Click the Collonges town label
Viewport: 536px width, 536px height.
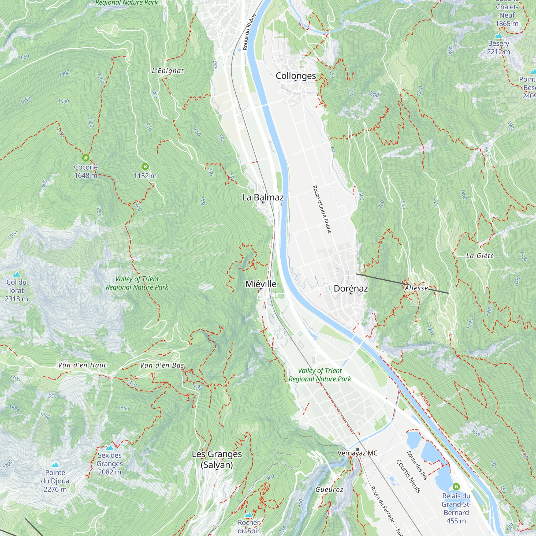click(296, 76)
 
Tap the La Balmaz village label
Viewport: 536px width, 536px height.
click(263, 197)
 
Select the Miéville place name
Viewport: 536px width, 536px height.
click(261, 284)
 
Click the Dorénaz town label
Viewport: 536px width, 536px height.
click(351, 288)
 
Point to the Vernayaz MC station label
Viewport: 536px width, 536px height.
click(357, 453)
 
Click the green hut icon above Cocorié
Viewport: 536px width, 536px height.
click(86, 158)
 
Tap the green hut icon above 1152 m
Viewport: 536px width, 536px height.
click(145, 166)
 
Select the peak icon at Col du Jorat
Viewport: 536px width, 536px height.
click(16, 274)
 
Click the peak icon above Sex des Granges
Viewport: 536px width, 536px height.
click(110, 448)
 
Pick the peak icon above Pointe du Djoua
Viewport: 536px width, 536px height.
click(55, 465)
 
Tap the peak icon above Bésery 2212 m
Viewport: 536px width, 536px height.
click(498, 36)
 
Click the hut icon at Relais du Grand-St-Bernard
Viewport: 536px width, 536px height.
click(456, 486)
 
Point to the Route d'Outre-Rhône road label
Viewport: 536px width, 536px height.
click(322, 210)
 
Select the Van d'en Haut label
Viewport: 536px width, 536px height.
click(82, 365)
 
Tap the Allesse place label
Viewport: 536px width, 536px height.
click(416, 288)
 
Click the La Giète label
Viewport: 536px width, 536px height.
click(480, 256)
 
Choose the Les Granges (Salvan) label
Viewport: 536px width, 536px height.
click(217, 459)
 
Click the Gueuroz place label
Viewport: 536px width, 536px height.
click(329, 490)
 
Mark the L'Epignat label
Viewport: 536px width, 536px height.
click(167, 71)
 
